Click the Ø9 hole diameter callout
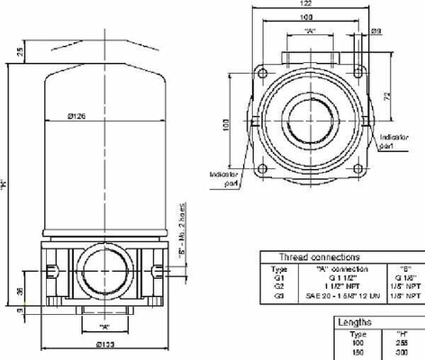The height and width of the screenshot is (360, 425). click(375, 31)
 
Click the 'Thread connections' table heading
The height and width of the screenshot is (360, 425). click(319, 256)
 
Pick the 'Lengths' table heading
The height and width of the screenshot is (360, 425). click(356, 320)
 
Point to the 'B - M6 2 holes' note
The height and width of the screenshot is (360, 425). click(182, 226)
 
